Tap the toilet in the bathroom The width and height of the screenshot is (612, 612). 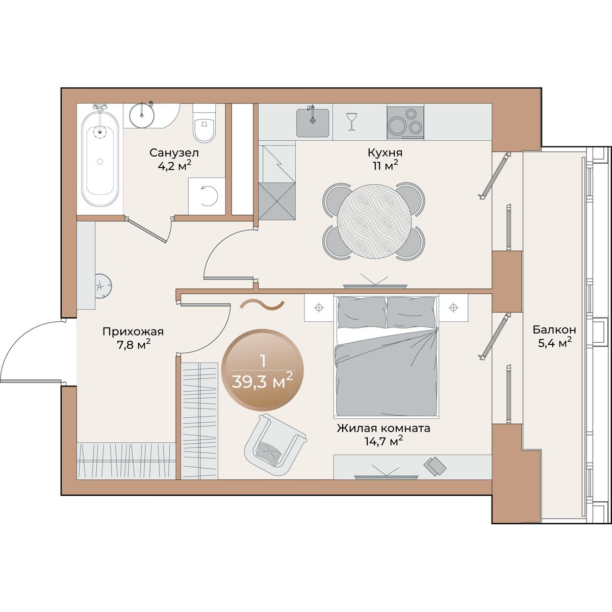pos(204,123)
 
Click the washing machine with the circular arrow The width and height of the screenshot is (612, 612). pos(207,196)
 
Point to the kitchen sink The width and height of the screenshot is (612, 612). pos(313,122)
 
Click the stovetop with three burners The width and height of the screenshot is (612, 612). pos(405,122)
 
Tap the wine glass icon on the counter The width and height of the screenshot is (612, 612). pos(351,121)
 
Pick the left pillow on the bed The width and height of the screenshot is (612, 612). pos(362,313)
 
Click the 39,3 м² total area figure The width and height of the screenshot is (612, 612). pos(262,381)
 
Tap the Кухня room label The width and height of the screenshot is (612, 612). pos(385,153)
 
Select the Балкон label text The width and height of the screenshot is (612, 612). pos(554,329)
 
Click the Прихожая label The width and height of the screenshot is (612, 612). pos(133,332)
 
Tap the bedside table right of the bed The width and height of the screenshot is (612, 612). pos(453,308)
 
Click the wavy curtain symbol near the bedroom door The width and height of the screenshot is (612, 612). pos(262,305)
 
